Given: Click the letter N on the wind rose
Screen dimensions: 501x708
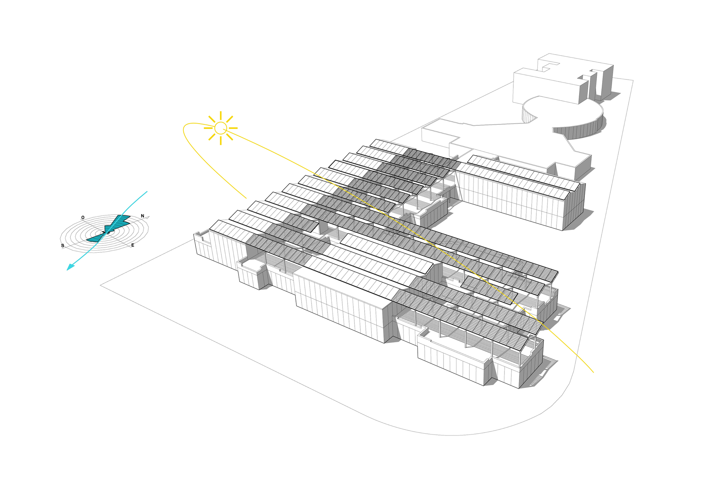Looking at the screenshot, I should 142,216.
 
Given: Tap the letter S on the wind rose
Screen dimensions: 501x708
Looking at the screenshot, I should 63,246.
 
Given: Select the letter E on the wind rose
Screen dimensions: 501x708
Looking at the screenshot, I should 133,245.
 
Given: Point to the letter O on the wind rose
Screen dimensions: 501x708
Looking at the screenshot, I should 83,218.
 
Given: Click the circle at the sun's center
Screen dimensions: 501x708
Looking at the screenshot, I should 221,128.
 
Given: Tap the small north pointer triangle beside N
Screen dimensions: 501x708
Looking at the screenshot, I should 148,217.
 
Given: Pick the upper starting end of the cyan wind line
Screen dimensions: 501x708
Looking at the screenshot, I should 147,192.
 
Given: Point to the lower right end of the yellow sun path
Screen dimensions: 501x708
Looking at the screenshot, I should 593,372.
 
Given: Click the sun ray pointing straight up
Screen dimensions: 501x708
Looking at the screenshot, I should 221,116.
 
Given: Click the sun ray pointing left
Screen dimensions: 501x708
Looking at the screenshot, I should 209,128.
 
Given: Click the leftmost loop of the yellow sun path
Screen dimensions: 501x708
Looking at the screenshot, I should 184,129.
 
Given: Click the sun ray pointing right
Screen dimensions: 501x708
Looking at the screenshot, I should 233,128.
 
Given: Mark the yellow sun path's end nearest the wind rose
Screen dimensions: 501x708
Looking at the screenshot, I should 246,198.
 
